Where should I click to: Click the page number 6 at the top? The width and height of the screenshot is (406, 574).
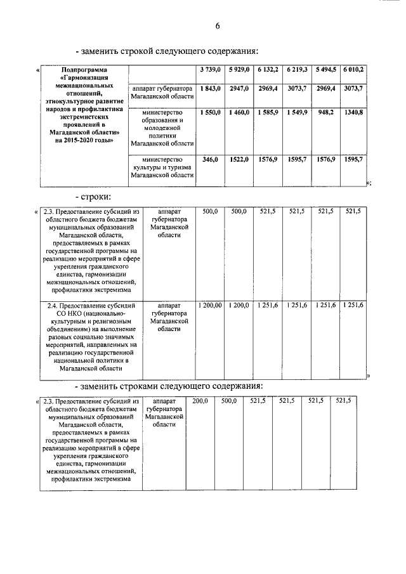[x=217, y=26]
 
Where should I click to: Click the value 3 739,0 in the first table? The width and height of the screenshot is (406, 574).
[x=209, y=68]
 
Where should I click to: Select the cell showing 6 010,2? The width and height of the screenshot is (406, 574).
[x=353, y=68]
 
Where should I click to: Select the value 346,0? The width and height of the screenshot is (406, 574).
[x=209, y=160]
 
